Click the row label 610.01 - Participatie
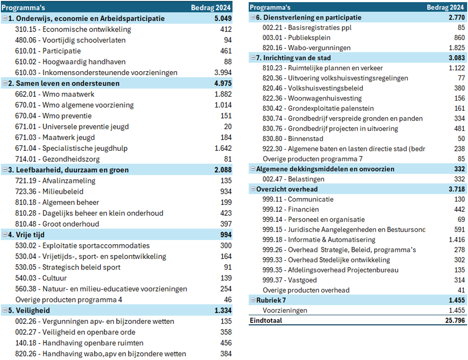(48, 51)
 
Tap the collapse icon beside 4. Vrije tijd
(5, 235)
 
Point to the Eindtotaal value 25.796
(455, 321)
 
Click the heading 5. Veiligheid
(29, 311)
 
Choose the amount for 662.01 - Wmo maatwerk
(223, 94)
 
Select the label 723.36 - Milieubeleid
(49, 192)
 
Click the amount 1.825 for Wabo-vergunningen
(457, 48)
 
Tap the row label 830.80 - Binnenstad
(293, 139)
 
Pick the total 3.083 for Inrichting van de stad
(457, 58)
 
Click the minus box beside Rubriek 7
(253, 300)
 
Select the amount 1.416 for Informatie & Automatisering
(457, 240)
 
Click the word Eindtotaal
(266, 321)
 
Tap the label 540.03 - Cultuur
(41, 278)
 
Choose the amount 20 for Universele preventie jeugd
(228, 127)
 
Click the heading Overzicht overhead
(287, 189)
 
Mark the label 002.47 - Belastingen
(293, 179)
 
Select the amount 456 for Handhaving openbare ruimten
(226, 343)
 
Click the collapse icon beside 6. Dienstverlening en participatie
(253, 17)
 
